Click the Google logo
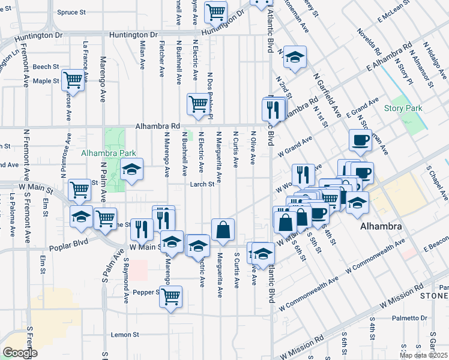tap(20, 353)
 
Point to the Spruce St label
tap(72, 12)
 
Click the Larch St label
tap(203, 184)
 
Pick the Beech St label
tap(46, 67)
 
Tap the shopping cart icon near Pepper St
tap(171, 296)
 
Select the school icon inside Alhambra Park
tap(132, 170)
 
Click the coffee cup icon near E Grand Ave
tap(360, 140)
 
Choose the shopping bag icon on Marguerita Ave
tap(223, 230)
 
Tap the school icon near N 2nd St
tap(294, 57)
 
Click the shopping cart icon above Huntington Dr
tap(215, 11)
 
